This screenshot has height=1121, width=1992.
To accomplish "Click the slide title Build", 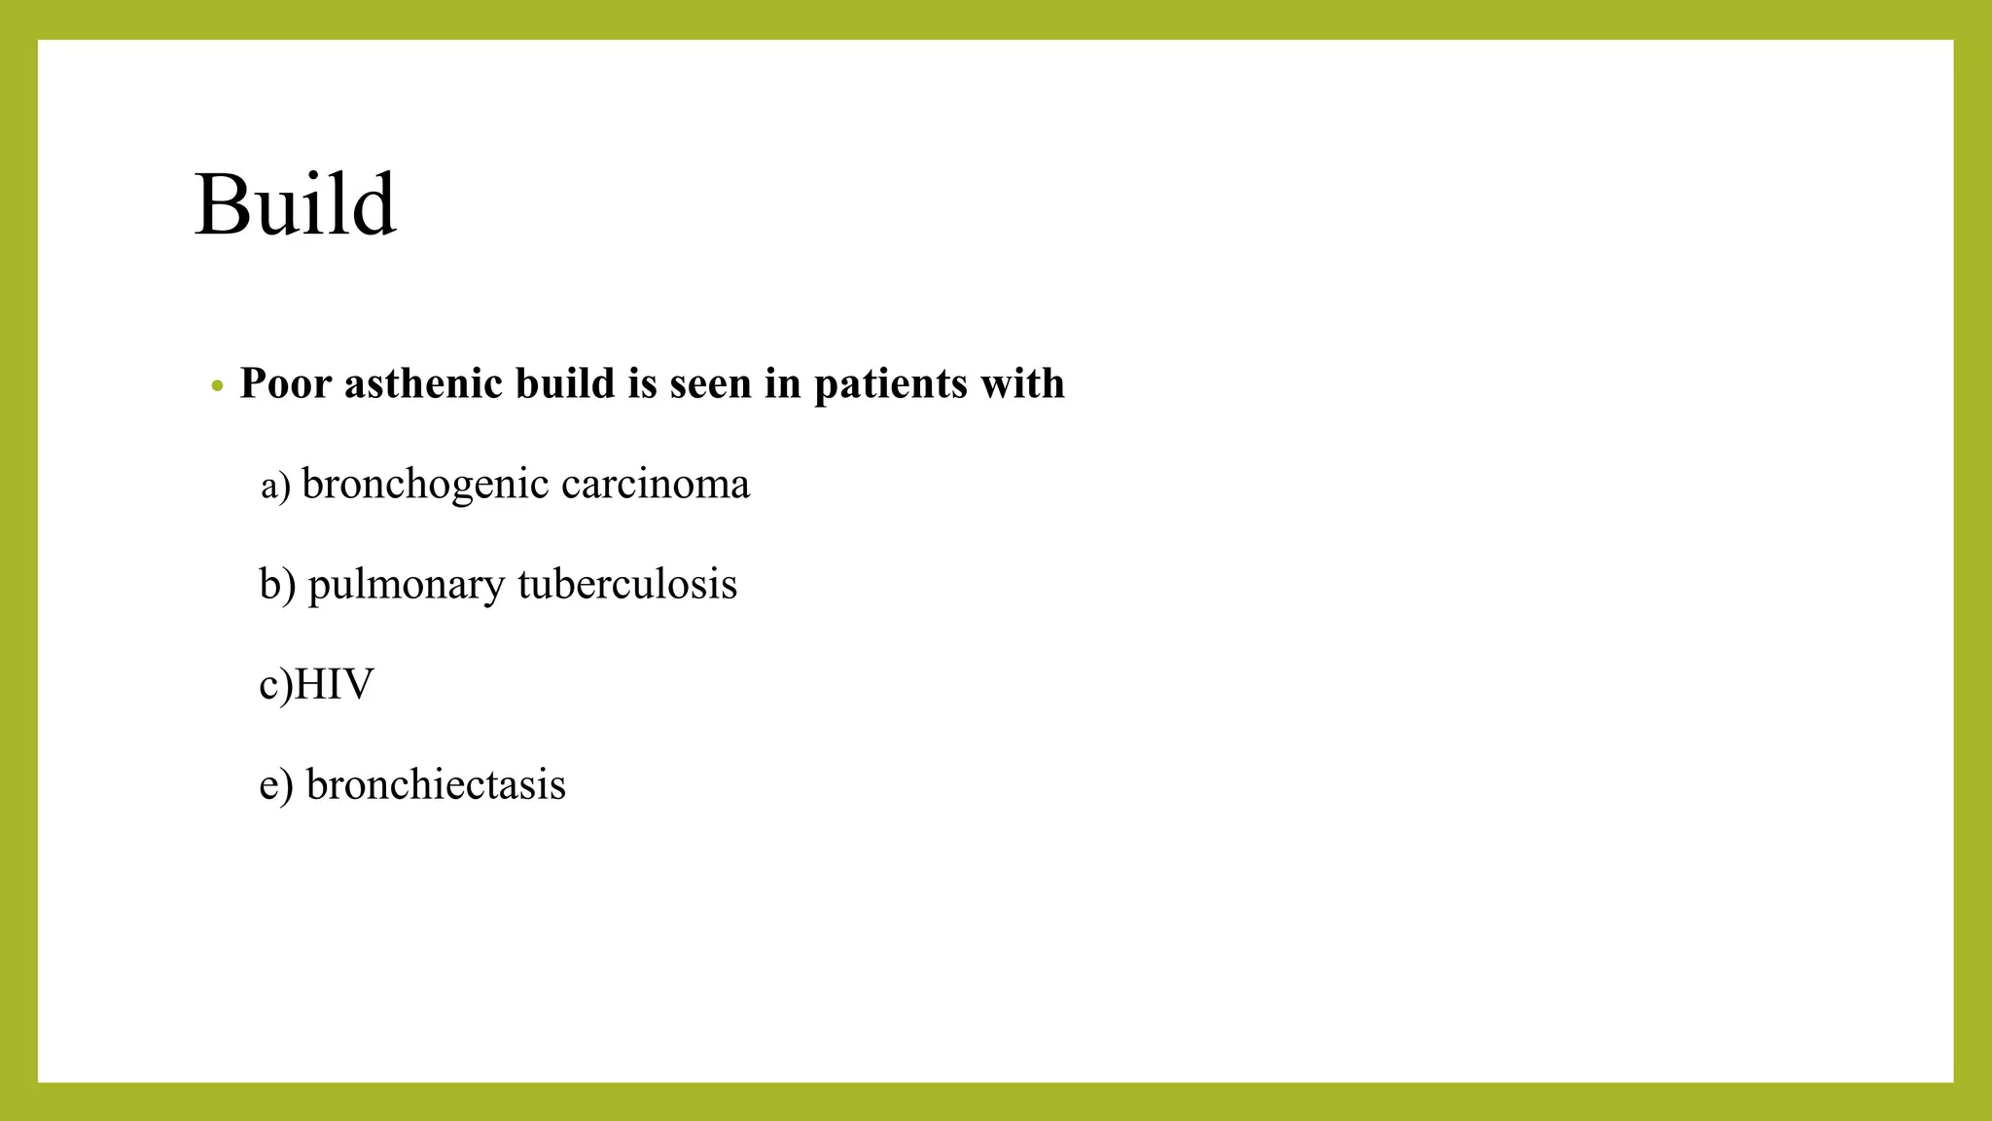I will coord(295,204).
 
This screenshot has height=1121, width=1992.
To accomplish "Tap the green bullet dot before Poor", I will coord(217,386).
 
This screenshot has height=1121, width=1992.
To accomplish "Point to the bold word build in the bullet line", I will coord(565,383).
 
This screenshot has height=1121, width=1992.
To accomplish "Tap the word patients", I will coord(890,383).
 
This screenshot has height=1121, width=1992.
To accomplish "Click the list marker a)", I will coord(275,486).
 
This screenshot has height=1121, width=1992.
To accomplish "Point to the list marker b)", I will coord(277,585).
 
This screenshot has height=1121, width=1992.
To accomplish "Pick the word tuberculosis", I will coord(627,584).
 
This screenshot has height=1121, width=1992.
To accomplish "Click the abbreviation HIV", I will coord(333,685).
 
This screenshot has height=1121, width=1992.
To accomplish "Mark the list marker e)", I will coord(276,785).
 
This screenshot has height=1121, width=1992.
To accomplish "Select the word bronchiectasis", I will coord(436,784).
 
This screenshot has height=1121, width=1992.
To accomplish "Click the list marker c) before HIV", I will coord(274,685).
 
